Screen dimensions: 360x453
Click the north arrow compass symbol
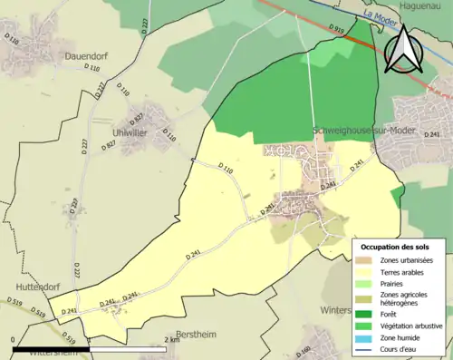point(404,49)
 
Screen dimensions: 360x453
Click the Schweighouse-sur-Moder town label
point(363,131)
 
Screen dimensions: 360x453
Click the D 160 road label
point(304,350)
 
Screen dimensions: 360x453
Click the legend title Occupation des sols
point(395,247)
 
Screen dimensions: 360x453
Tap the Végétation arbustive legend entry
point(414,326)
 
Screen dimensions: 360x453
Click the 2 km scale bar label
point(171,340)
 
